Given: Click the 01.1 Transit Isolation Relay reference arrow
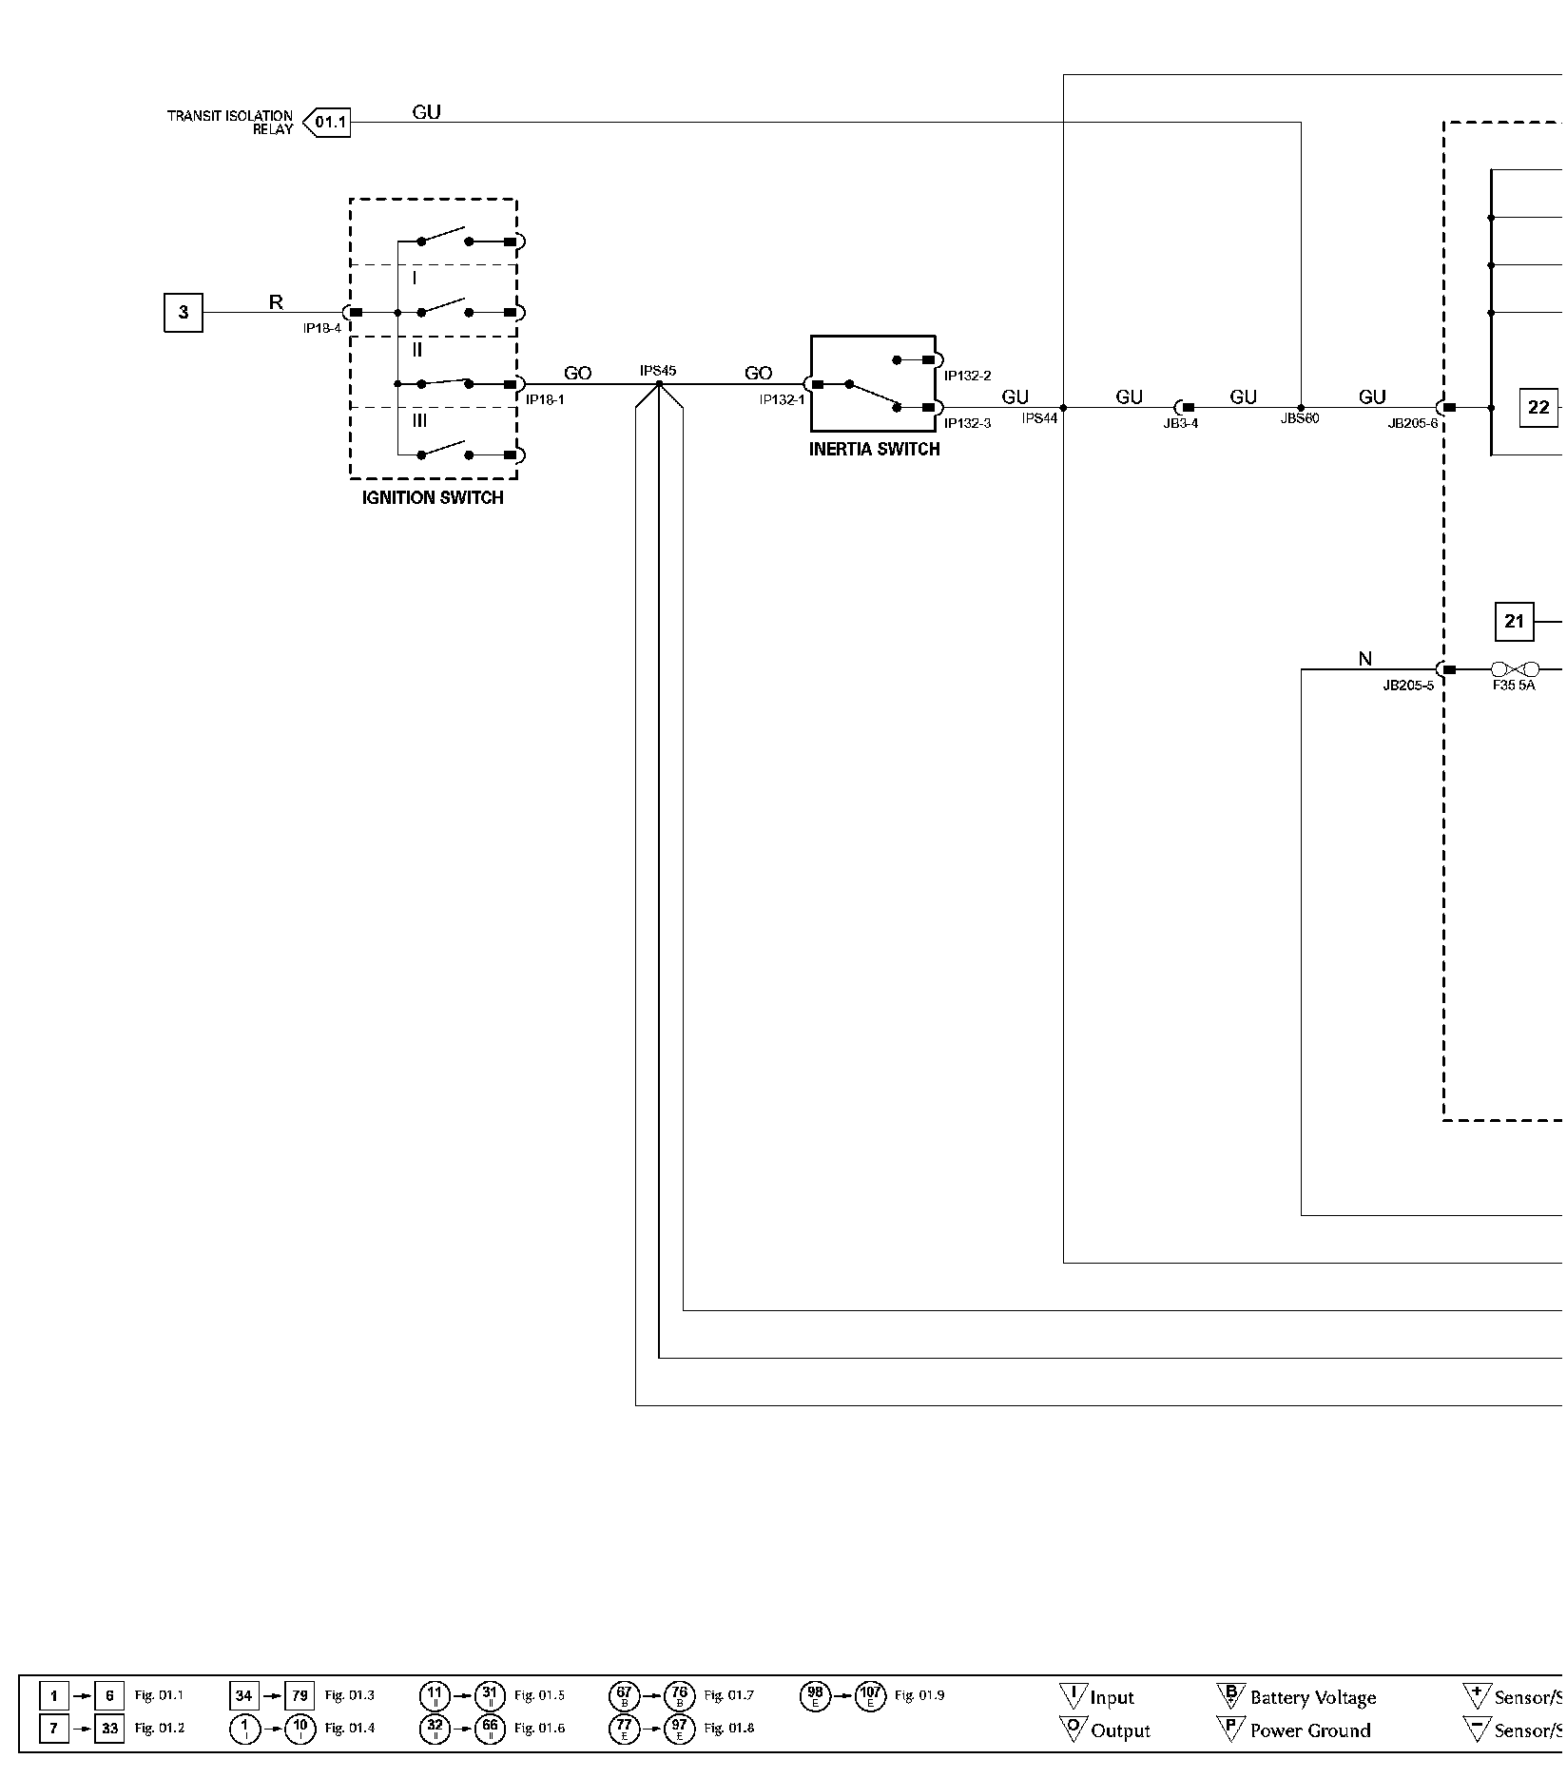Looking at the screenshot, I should click(x=327, y=123).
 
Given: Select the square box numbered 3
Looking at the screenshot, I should click(x=184, y=313).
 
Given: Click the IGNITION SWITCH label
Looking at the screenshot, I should click(x=433, y=497).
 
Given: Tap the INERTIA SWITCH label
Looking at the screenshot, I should click(x=874, y=450).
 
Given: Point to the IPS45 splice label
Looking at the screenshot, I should click(x=658, y=371).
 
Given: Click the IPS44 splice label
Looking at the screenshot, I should click(x=1039, y=418).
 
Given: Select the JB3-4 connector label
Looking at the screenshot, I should click(x=1181, y=423).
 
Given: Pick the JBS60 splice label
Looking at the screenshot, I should click(x=1300, y=418).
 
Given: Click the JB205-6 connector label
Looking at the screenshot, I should click(x=1412, y=423).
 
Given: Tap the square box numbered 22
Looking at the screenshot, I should click(x=1538, y=408).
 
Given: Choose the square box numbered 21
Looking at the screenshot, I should click(x=1515, y=622).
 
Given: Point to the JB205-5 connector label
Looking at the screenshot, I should click(x=1407, y=686).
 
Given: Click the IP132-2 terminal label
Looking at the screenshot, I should click(x=967, y=376).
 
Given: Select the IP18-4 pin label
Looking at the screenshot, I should click(x=321, y=328).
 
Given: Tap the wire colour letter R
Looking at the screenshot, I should click(x=276, y=302).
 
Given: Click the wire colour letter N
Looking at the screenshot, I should click(x=1365, y=659).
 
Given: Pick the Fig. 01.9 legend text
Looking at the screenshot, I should click(x=919, y=1694).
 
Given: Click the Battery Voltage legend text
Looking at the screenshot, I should click(x=1312, y=1697).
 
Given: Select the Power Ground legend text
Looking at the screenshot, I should click(x=1309, y=1730).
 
